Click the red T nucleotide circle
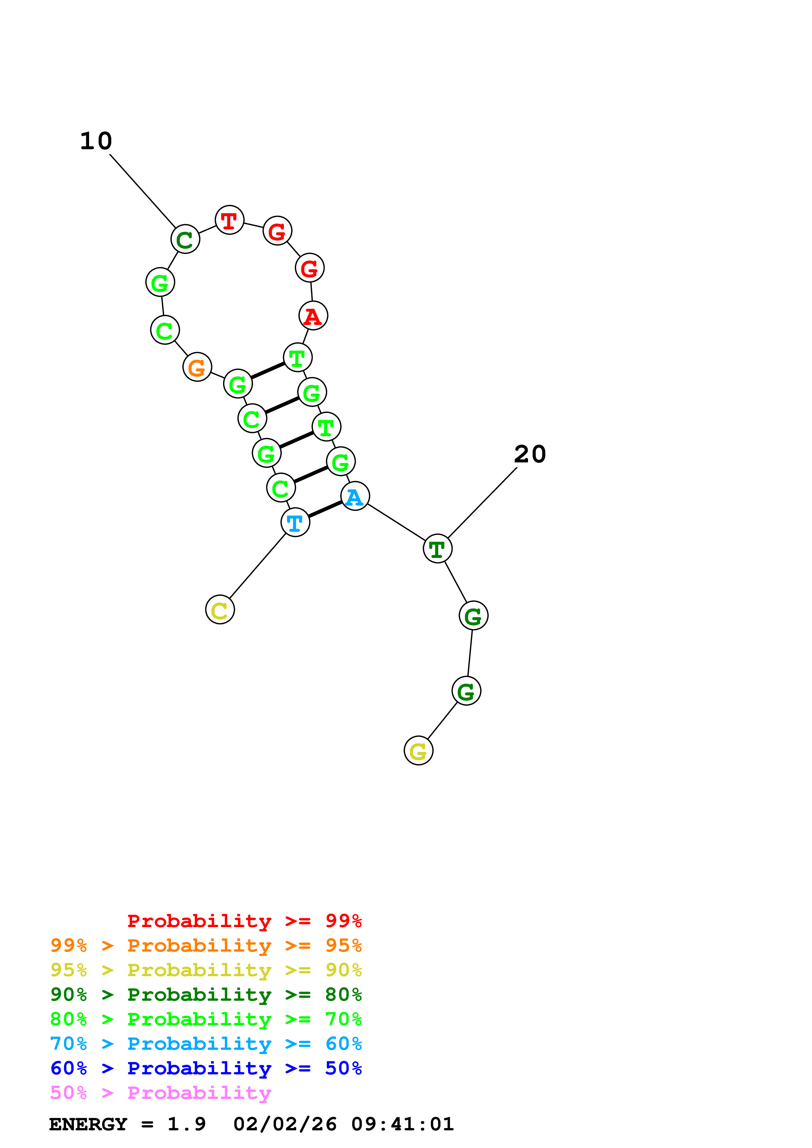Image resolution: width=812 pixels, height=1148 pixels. [229, 220]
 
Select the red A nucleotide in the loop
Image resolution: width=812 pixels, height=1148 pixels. [313, 316]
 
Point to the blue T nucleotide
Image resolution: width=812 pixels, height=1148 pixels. [295, 523]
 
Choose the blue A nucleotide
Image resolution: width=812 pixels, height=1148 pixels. [355, 496]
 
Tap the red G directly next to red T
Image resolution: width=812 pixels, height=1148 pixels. [277, 231]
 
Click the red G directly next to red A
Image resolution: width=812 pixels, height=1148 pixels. [310, 268]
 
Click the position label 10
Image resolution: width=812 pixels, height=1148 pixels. [96, 141]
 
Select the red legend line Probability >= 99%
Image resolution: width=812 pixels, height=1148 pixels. [244, 921]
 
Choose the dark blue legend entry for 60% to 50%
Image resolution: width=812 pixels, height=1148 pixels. [206, 1068]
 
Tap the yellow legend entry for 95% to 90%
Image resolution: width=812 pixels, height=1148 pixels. [206, 970]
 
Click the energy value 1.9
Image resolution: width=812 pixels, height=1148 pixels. [186, 1124]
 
